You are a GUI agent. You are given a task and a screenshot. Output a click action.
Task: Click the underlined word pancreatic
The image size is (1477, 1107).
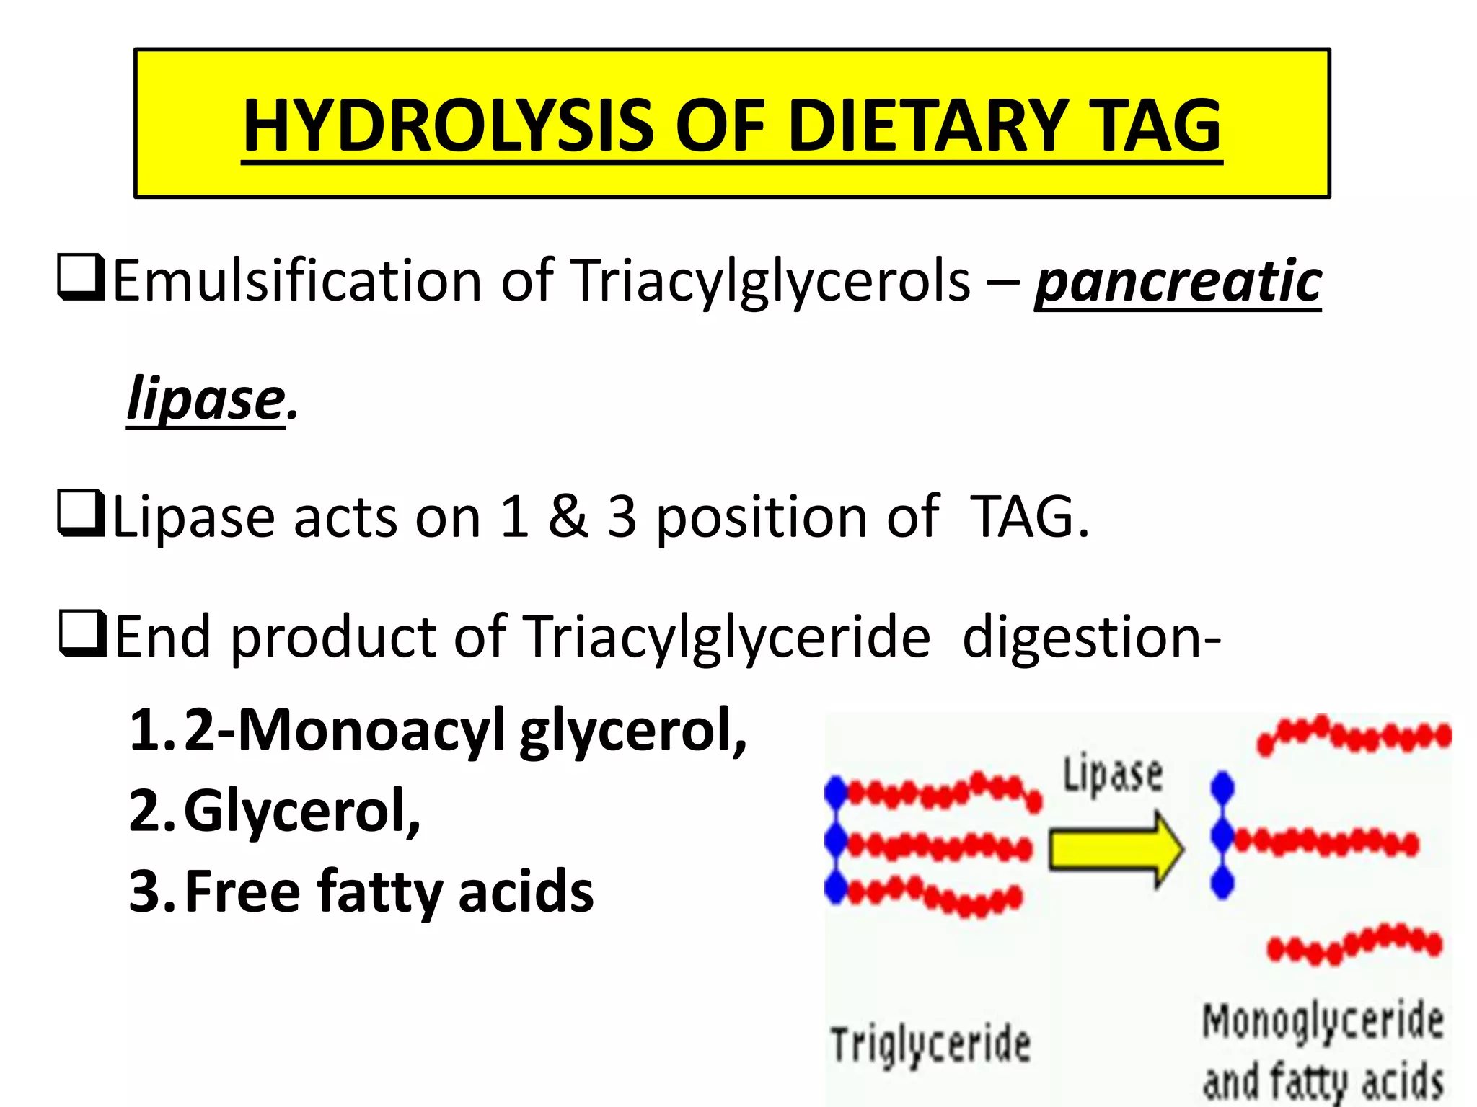1178,280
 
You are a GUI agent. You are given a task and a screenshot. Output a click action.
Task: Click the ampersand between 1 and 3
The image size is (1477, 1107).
568,517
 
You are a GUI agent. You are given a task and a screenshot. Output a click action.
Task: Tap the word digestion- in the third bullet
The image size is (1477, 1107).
1092,637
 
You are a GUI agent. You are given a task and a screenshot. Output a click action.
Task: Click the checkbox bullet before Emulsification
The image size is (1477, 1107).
81,277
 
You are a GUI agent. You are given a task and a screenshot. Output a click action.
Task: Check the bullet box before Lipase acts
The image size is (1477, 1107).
81,514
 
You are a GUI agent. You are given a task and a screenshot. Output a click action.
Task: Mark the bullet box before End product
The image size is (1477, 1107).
82,633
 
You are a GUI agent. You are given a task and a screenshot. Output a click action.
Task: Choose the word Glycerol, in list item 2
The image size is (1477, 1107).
302,812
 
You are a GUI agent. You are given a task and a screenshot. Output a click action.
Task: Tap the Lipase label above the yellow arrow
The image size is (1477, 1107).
1113,775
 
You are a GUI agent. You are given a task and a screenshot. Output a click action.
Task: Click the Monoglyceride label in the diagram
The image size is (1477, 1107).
1323,1022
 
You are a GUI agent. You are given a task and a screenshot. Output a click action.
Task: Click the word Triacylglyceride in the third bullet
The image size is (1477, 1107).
726,637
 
